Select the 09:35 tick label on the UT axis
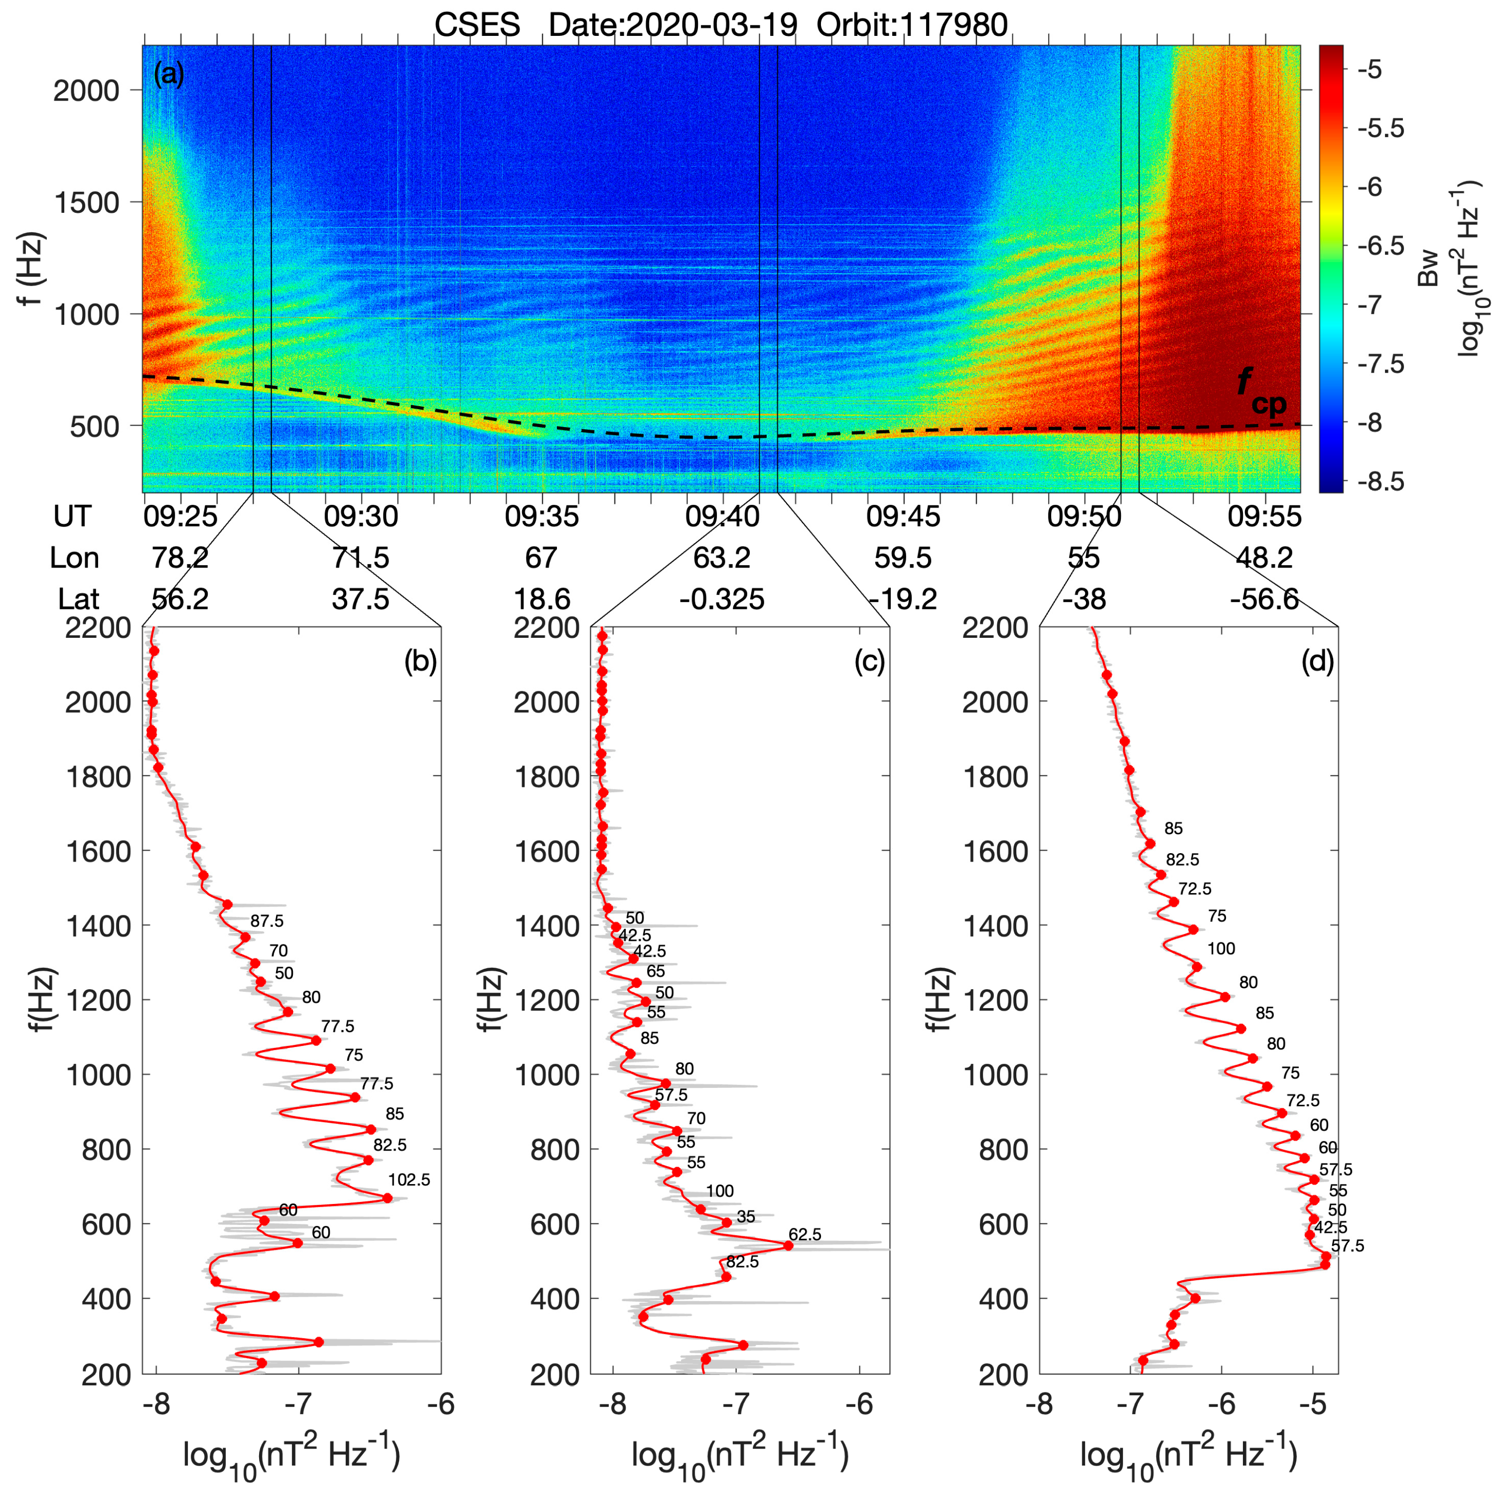(x=542, y=516)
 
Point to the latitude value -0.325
(x=721, y=599)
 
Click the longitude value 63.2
(x=721, y=558)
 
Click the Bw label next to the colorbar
(x=1429, y=269)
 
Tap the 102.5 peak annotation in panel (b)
(x=409, y=1180)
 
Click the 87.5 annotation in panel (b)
(x=267, y=921)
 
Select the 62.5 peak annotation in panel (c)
(x=805, y=1235)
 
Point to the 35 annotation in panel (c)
(x=745, y=1217)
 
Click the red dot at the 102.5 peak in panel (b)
(x=388, y=1197)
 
